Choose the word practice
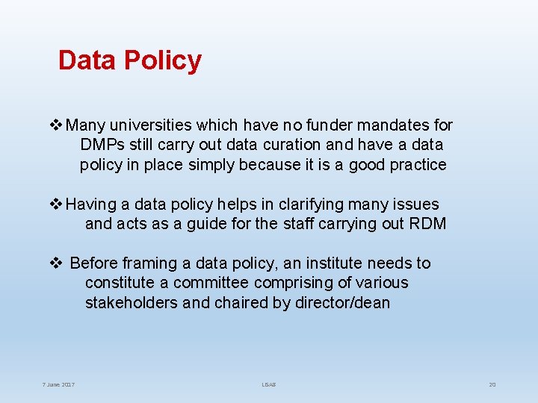point(415,164)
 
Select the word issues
point(413,204)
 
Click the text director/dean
point(341,302)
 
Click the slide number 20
point(492,384)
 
